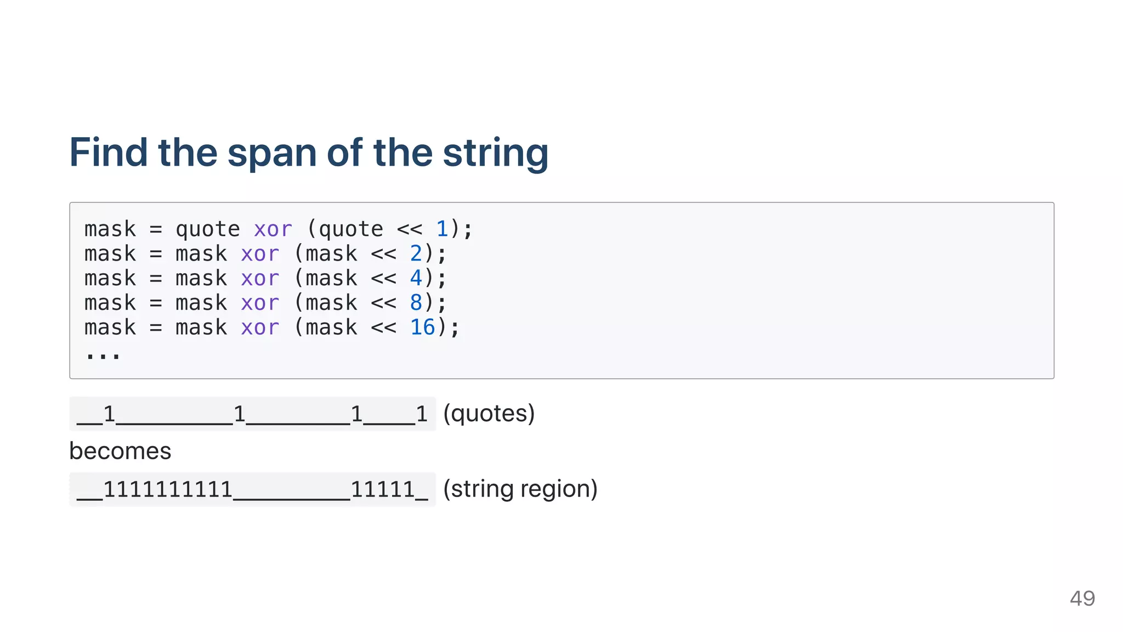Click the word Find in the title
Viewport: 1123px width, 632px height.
pyautogui.click(x=109, y=153)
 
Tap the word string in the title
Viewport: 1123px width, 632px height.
pyautogui.click(x=495, y=154)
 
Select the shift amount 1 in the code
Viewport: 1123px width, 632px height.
pyautogui.click(x=442, y=229)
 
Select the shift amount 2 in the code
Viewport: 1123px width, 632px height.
pyautogui.click(x=416, y=253)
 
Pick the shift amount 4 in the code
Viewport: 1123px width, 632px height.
pyautogui.click(x=416, y=278)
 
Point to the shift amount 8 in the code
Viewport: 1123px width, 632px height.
pyautogui.click(x=416, y=303)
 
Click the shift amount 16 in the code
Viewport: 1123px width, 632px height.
pyautogui.click(x=422, y=328)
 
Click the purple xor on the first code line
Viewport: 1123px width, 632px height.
pyautogui.click(x=273, y=229)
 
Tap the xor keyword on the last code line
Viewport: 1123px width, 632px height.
pyautogui.click(x=260, y=328)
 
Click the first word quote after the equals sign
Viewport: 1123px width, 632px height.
pyautogui.click(x=207, y=229)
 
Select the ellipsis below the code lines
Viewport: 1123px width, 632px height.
pyautogui.click(x=103, y=355)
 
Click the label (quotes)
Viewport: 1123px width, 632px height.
pyautogui.click(x=489, y=414)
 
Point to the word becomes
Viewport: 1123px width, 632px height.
pyautogui.click(x=120, y=451)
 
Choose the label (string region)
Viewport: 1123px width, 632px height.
pyautogui.click(x=520, y=489)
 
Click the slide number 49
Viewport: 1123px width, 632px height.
pyautogui.click(x=1082, y=598)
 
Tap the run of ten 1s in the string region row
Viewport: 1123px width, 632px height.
pyautogui.click(x=168, y=489)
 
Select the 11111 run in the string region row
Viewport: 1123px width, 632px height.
pyautogui.click(x=383, y=489)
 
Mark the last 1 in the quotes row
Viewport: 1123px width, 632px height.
pyautogui.click(x=421, y=414)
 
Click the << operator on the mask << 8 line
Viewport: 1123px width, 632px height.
pyautogui.click(x=383, y=303)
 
